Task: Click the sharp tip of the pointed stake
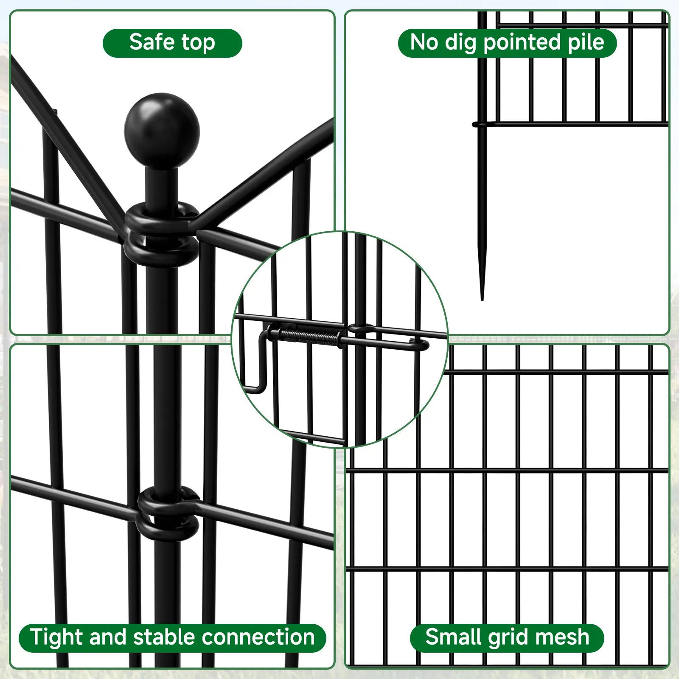482,299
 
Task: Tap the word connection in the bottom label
258,638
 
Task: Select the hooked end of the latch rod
420,344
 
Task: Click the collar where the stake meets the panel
481,124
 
